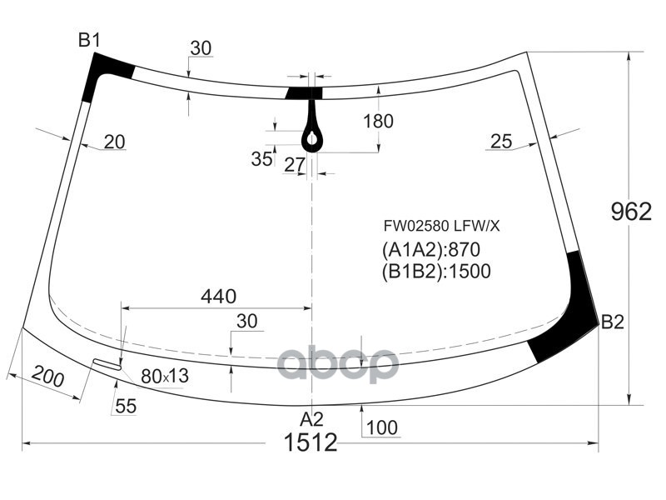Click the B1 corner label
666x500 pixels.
[89, 39]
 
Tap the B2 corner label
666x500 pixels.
[612, 322]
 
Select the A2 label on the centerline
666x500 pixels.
[311, 418]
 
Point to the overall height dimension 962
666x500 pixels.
[631, 212]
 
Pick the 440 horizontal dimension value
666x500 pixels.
[219, 296]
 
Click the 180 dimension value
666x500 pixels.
[378, 122]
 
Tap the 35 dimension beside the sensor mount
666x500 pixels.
[261, 159]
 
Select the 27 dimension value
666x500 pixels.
[295, 165]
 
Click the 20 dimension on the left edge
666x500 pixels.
[114, 142]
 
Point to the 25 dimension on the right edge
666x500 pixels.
[501, 142]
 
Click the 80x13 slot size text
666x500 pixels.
[164, 377]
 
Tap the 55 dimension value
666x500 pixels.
[126, 407]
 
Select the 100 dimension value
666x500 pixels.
[381, 428]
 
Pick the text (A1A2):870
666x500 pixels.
[431, 249]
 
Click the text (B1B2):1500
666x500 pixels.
[436, 270]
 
